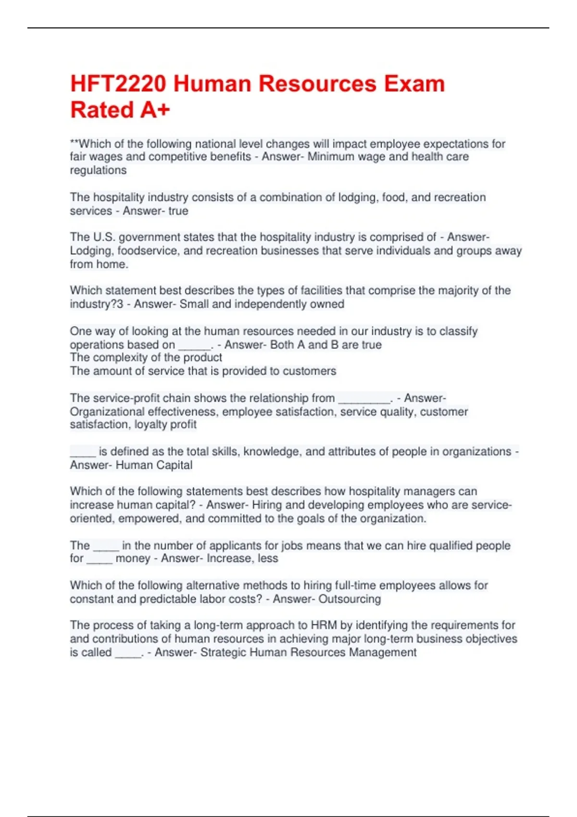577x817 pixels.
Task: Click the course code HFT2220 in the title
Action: click(x=118, y=84)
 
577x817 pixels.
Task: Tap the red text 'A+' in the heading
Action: click(x=155, y=110)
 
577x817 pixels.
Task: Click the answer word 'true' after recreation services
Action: click(x=178, y=211)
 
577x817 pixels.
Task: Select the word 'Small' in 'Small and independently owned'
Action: click(x=194, y=304)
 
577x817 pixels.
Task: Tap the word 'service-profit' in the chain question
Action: click(x=125, y=398)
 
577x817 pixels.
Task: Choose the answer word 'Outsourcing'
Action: click(x=350, y=599)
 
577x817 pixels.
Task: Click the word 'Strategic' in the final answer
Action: click(x=225, y=652)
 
